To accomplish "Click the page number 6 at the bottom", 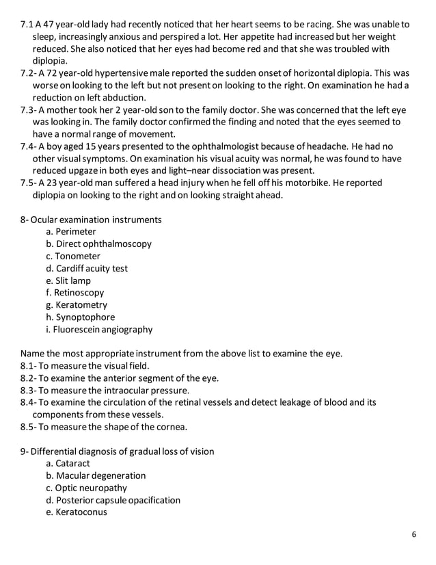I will pos(414,535).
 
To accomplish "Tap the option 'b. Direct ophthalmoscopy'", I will pos(98,244).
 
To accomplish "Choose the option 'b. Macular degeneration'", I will pos(96,476).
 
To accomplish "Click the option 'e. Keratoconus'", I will pos(77,512).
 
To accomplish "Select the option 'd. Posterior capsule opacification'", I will pos(113,500).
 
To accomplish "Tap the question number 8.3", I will pos(28,391).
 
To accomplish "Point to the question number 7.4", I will pos(28,146).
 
